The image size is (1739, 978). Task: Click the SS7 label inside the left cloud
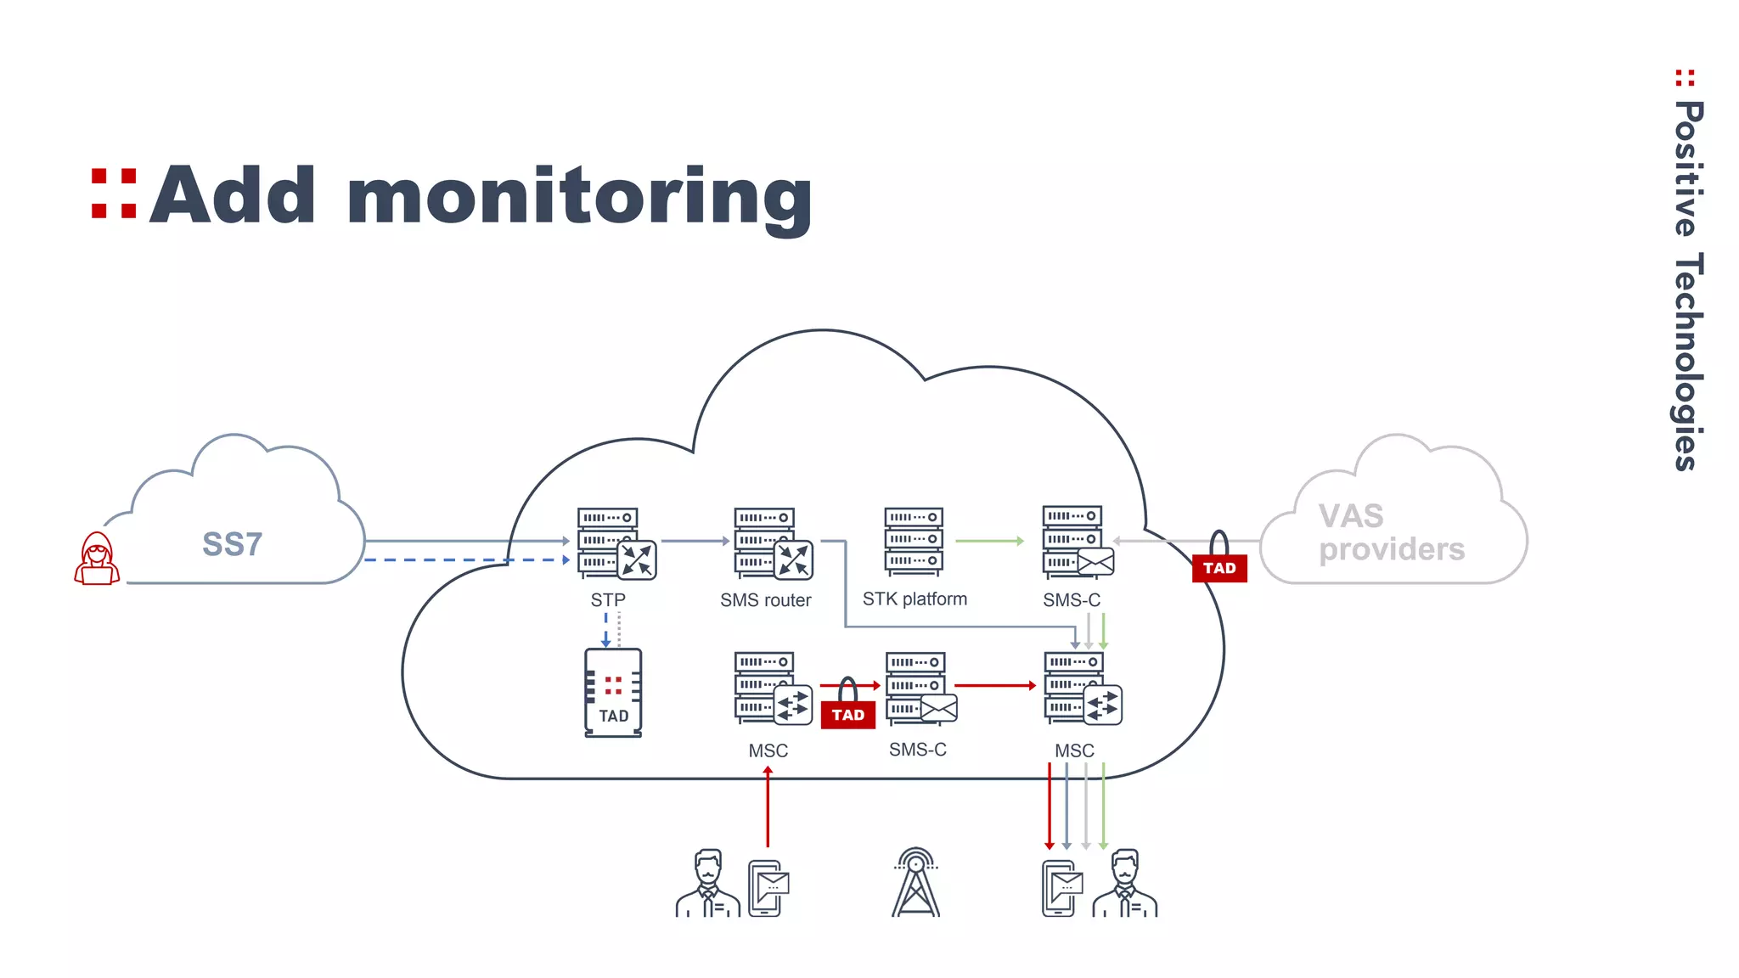pyautogui.click(x=232, y=544)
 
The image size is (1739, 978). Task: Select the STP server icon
pyautogui.click(x=615, y=543)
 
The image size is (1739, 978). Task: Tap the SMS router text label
pyautogui.click(x=765, y=600)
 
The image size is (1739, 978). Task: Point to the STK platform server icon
pyautogui.click(x=914, y=541)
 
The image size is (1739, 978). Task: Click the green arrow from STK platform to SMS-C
pyautogui.click(x=989, y=541)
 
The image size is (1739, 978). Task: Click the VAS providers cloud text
pyautogui.click(x=1391, y=533)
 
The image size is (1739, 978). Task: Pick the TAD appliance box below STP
pyautogui.click(x=613, y=693)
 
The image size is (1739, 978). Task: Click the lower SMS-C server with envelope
pyautogui.click(x=920, y=689)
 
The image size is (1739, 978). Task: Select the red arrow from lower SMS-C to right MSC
pyautogui.click(x=994, y=685)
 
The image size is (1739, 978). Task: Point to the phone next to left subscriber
pyautogui.click(x=768, y=888)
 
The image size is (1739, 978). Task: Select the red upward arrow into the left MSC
pyautogui.click(x=768, y=807)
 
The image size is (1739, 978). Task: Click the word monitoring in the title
pyautogui.click(x=579, y=197)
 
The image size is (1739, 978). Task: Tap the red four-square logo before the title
pyautogui.click(x=114, y=194)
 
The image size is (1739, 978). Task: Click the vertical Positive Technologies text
pyautogui.click(x=1688, y=284)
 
